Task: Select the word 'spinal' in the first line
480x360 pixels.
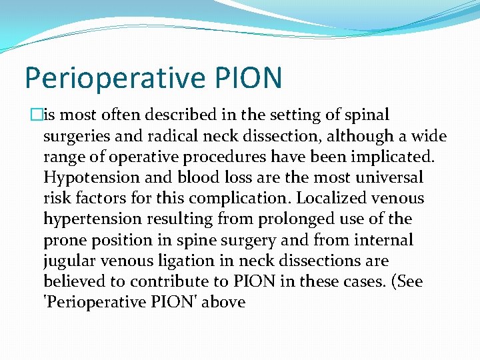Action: pos(367,115)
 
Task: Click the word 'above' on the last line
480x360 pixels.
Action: pos(223,302)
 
